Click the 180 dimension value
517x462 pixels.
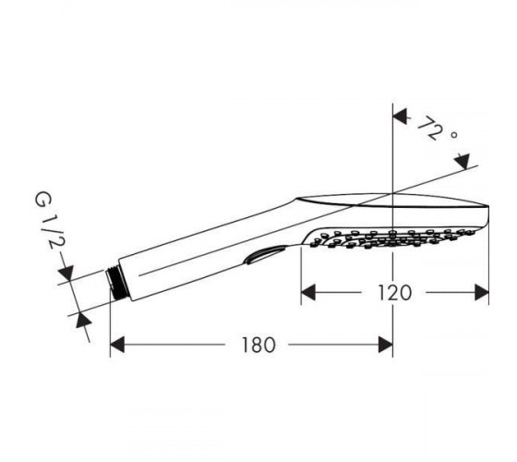[x=258, y=345]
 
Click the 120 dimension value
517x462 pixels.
[x=395, y=293]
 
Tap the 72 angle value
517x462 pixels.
[x=429, y=128]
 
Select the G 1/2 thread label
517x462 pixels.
[x=49, y=221]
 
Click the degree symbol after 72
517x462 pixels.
[x=453, y=135]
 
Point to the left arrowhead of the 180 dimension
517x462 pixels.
[x=117, y=345]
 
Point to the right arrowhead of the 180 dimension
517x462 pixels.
[x=386, y=345]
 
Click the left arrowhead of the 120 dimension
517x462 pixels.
[x=308, y=293]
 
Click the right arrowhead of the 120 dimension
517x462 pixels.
[x=481, y=293]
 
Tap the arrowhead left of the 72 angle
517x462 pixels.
[x=400, y=117]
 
